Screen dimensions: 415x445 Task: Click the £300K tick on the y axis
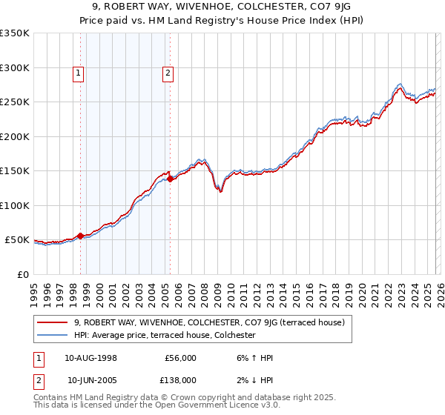pos(14,67)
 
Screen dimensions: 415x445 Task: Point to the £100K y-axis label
pos(14,205)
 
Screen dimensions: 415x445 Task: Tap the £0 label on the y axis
pos(22,274)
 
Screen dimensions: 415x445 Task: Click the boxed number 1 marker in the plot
pos(79,73)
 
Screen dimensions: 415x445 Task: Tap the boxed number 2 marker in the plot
pos(168,73)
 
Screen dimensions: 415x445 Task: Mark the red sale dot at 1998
pos(81,236)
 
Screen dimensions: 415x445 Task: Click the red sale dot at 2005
pos(170,179)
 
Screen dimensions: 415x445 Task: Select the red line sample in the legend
pos(53,322)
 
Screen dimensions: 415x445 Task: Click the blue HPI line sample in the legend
pos(53,335)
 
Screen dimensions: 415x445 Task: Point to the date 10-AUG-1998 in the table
pos(91,358)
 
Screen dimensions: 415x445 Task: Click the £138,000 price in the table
pos(180,380)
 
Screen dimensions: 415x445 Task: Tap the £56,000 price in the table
pos(180,358)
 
